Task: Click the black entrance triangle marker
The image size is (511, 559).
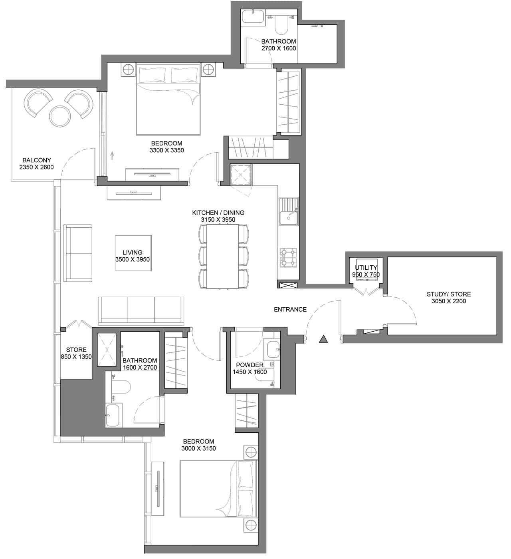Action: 323,339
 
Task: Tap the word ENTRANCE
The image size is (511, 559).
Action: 290,309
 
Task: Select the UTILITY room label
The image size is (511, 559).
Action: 366,268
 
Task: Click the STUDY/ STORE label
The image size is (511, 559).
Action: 449,294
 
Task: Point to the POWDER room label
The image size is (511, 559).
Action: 250,365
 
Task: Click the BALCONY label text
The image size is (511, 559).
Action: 37,160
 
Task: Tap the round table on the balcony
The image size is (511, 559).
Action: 60,116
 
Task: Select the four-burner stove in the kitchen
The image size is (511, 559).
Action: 288,257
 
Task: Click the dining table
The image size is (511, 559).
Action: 222,256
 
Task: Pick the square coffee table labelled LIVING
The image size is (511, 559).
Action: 133,253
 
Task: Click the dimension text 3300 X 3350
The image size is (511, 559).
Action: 166,150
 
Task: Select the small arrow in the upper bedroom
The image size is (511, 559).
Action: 112,155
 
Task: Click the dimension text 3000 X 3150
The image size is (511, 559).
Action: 198,448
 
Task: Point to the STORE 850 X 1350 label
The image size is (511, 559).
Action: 76,353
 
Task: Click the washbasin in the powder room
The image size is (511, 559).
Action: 273,348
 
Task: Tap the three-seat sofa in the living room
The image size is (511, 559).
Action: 141,310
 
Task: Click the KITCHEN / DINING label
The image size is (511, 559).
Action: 218,213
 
